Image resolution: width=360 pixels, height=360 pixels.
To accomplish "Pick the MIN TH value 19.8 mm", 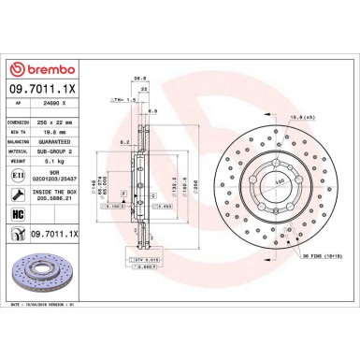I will [60, 133].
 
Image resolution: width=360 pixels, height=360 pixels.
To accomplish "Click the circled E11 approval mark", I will [17, 176].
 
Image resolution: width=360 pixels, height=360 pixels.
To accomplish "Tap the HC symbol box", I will [17, 213].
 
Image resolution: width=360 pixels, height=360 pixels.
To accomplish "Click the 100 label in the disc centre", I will [280, 179].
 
